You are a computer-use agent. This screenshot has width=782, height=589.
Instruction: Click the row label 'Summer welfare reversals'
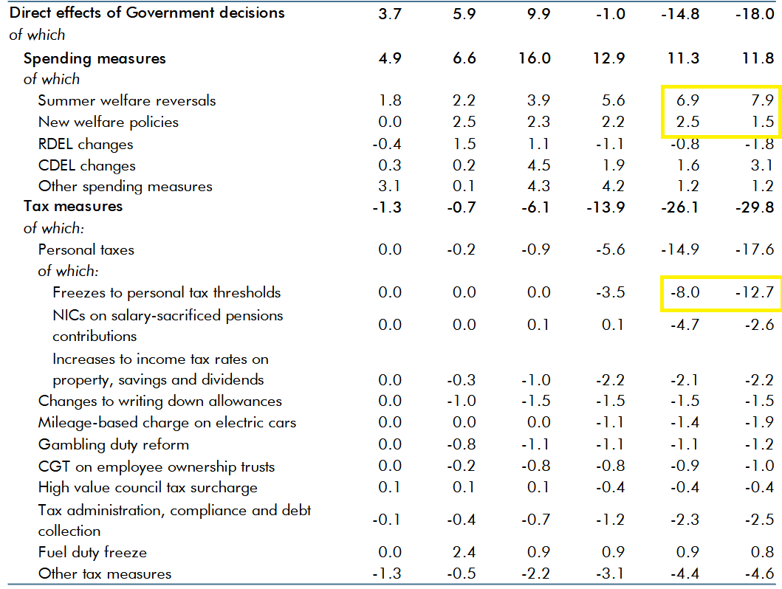tap(127, 100)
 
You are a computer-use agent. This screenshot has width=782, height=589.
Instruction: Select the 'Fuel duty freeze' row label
tap(92, 552)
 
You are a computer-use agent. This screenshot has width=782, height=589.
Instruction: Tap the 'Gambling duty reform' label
tap(114, 444)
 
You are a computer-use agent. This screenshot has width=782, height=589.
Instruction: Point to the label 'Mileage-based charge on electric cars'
tap(167, 423)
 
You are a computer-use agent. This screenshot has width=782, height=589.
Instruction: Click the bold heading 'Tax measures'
tap(73, 207)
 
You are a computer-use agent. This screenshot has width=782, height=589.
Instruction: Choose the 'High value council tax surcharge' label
tap(148, 488)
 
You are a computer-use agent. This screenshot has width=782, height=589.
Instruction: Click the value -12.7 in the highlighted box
tap(755, 293)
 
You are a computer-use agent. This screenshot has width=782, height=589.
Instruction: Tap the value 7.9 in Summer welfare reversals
tap(761, 100)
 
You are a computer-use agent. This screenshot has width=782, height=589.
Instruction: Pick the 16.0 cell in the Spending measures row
tap(534, 59)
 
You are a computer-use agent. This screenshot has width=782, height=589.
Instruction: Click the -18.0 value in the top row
tap(755, 13)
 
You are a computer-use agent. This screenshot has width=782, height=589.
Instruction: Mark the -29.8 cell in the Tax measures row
tap(755, 207)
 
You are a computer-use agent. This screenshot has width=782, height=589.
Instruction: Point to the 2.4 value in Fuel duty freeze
tap(464, 552)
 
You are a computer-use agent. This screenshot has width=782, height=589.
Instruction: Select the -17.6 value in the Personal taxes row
tap(755, 250)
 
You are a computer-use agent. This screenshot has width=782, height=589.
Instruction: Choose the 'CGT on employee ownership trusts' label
tap(157, 466)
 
